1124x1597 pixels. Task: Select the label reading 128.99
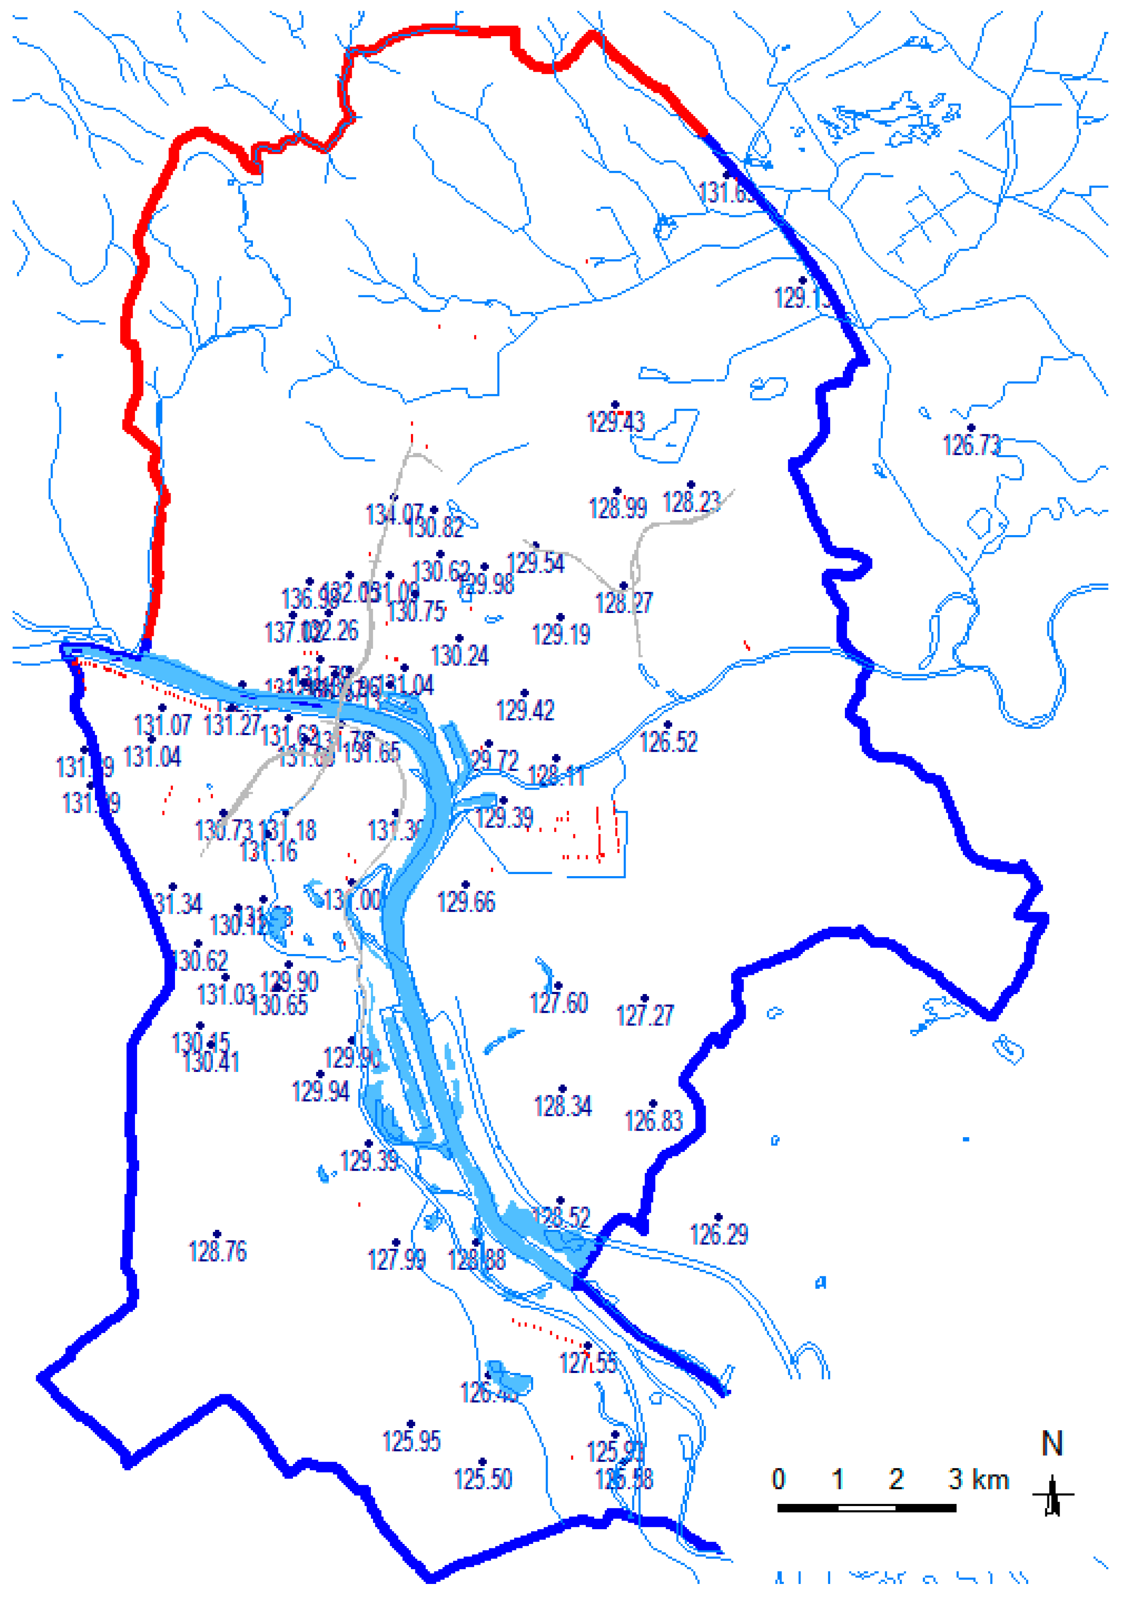[x=618, y=509]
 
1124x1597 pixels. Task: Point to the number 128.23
[x=692, y=502]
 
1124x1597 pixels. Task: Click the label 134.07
[x=394, y=515]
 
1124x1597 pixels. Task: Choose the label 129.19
[x=561, y=634]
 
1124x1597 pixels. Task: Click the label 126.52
[x=669, y=742]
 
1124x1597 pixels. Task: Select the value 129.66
[x=466, y=902]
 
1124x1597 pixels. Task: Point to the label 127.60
[x=559, y=1003]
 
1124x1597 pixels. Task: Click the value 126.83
[x=653, y=1121]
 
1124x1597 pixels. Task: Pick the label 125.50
[x=483, y=1479]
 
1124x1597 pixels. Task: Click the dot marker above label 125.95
[x=411, y=1424]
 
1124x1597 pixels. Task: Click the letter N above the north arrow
[x=1052, y=1445]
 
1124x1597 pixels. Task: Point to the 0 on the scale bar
[x=779, y=1480]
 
